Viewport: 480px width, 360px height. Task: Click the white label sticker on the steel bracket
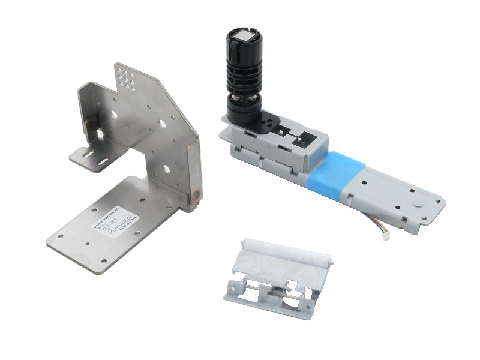113,225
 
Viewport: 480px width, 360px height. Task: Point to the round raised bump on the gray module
413,205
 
